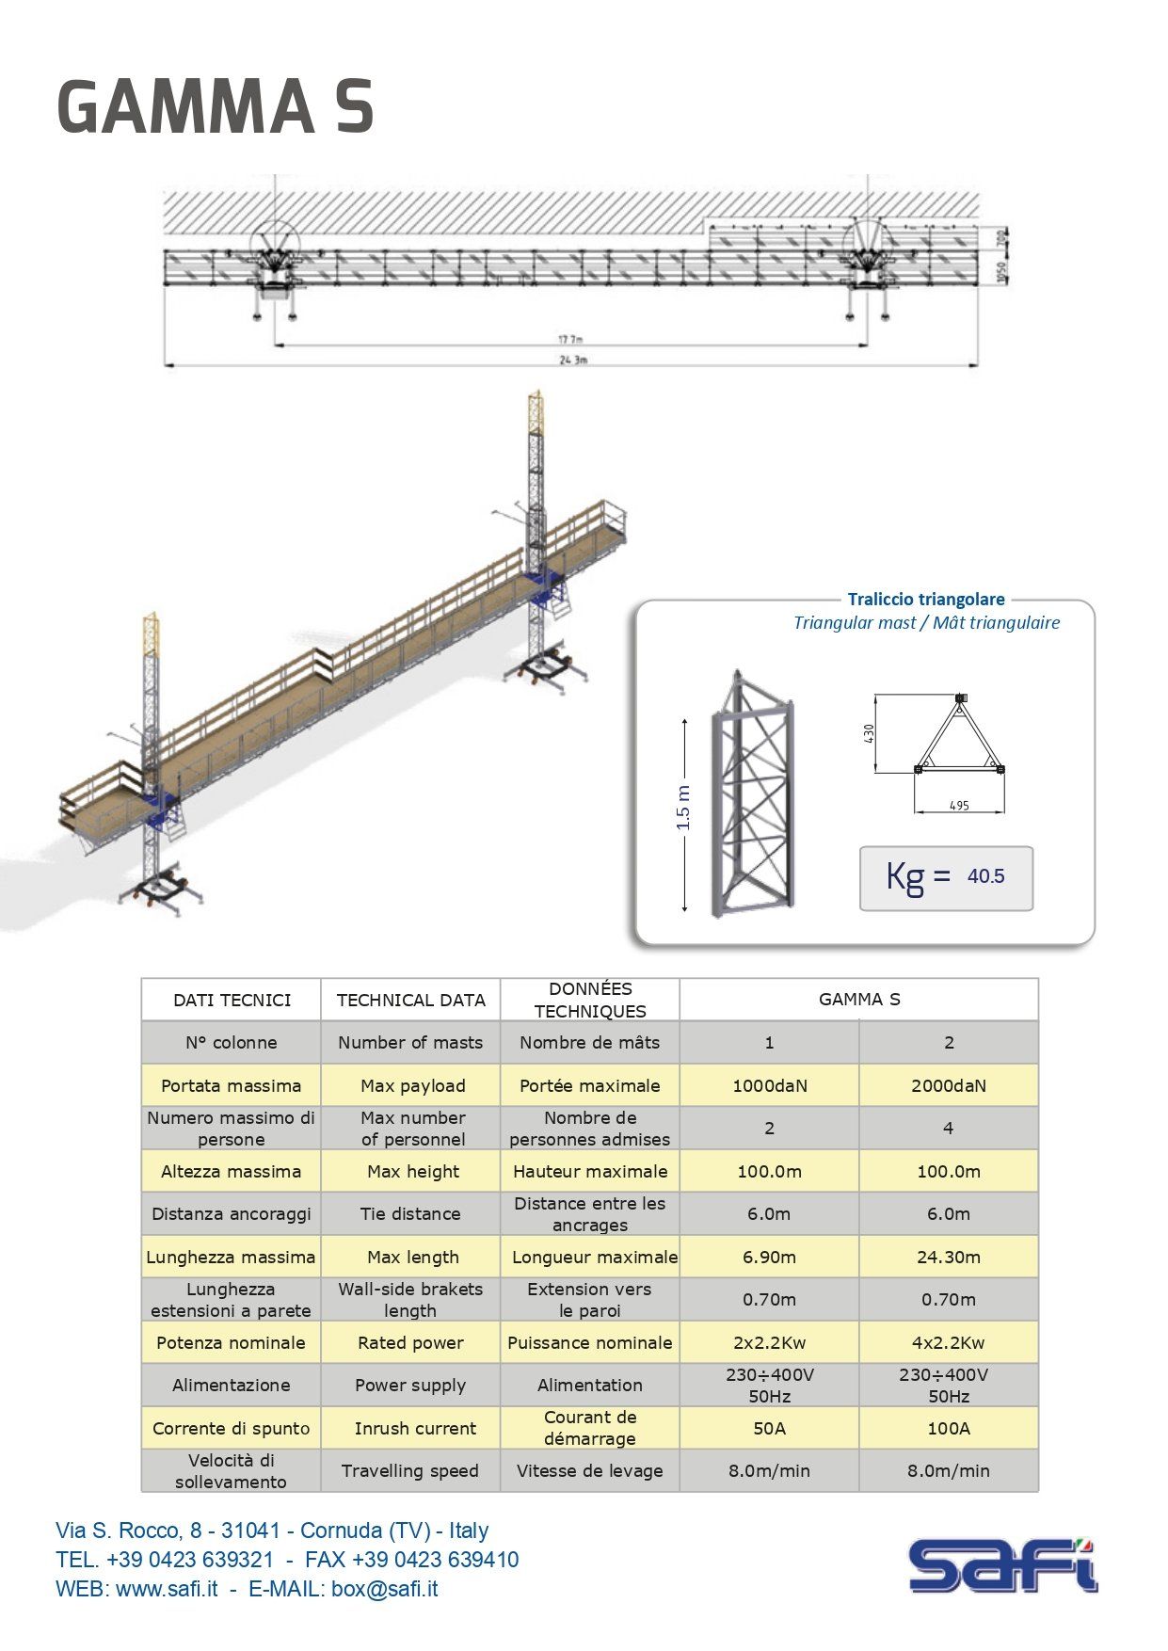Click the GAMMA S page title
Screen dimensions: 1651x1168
(216, 106)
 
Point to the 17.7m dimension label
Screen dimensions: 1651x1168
(570, 339)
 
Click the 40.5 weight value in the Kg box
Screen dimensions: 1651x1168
(985, 876)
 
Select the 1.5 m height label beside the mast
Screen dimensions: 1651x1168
(683, 808)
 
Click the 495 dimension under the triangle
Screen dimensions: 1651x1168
(959, 806)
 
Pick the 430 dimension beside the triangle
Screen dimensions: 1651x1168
(869, 731)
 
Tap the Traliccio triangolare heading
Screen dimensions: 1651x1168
(925, 599)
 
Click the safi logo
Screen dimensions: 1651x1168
(1002, 1564)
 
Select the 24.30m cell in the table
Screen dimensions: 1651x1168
(948, 1257)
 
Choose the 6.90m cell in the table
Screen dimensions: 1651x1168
(769, 1257)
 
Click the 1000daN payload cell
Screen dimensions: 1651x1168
(769, 1085)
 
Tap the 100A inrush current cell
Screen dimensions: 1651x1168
(948, 1428)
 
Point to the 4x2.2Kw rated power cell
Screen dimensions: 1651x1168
(948, 1342)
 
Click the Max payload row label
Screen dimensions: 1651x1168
(412, 1085)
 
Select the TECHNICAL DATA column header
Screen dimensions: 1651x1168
(410, 1000)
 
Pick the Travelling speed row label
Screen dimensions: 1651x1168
(409, 1470)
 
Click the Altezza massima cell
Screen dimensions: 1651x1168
(231, 1171)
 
